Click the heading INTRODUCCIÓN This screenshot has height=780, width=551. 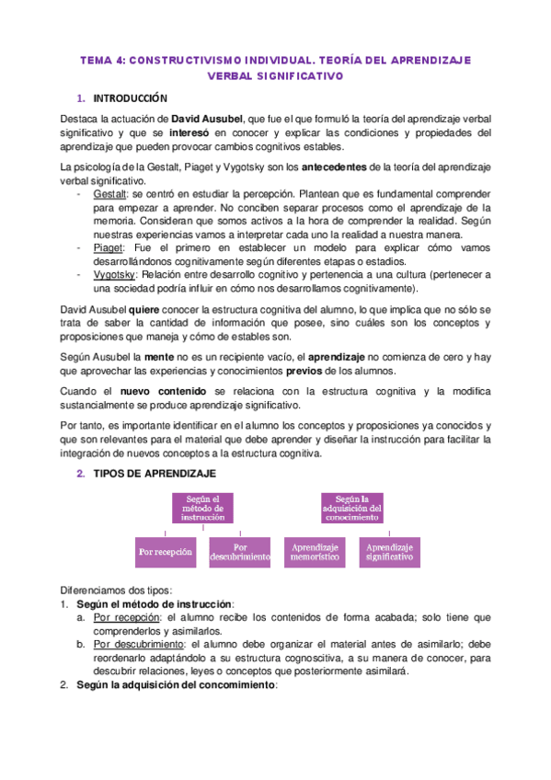[130, 98]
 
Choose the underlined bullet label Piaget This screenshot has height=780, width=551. [109, 247]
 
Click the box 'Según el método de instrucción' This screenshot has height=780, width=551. [202, 509]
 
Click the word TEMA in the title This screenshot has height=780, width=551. [94, 60]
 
